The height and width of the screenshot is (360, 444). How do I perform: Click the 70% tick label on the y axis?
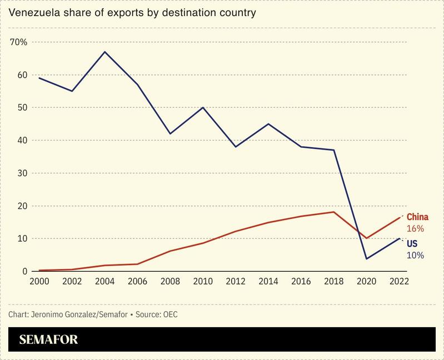click(x=19, y=42)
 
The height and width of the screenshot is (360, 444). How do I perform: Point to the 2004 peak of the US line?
click(x=106, y=52)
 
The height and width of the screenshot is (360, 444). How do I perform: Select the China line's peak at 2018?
click(x=333, y=212)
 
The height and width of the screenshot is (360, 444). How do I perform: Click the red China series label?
click(x=418, y=217)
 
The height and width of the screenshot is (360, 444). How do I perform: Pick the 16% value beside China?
click(x=416, y=228)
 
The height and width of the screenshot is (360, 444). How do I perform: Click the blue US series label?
click(x=413, y=244)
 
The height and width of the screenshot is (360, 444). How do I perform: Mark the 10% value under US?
click(x=415, y=255)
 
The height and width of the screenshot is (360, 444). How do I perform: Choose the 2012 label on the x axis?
click(x=236, y=282)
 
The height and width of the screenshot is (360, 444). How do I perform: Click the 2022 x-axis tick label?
click(x=399, y=282)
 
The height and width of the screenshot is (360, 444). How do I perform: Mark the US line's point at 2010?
click(x=202, y=107)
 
